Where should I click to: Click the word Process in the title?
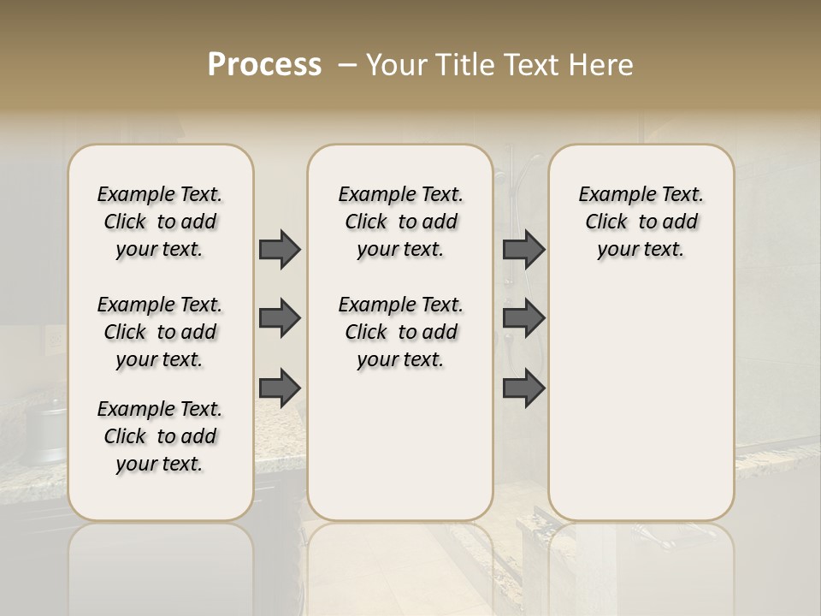(264, 65)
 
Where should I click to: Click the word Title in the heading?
(462, 65)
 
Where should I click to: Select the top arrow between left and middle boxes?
(280, 249)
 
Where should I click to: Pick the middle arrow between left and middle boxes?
(280, 318)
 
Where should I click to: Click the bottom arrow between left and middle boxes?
(280, 388)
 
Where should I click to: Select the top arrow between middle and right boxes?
(523, 249)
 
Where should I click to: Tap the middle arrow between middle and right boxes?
(523, 318)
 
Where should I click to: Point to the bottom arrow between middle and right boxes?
(523, 388)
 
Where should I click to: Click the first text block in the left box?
(160, 222)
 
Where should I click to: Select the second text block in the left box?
(160, 332)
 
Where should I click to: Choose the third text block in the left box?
(160, 436)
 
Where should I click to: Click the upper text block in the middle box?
(400, 222)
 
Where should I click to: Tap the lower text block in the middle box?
(400, 332)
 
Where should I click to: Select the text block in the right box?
(641, 222)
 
